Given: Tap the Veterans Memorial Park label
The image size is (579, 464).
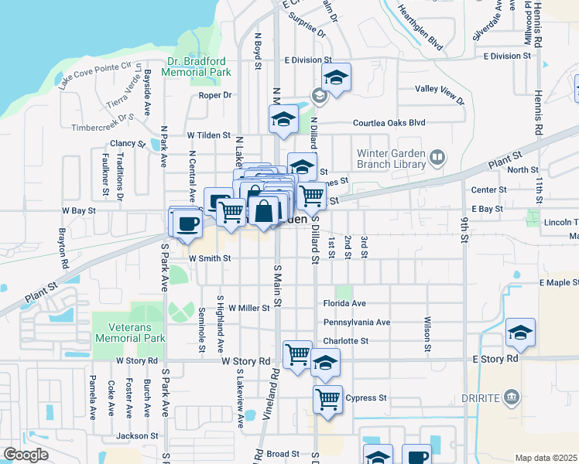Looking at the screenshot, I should tap(130, 333).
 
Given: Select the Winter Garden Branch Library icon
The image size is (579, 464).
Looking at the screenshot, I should tap(437, 159).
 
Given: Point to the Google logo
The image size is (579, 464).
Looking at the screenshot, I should tap(26, 455).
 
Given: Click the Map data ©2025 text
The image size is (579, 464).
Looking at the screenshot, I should tap(546, 458).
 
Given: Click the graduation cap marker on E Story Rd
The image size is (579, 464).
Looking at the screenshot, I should tap(521, 333).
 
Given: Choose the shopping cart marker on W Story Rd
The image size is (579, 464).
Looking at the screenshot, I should tap(298, 355).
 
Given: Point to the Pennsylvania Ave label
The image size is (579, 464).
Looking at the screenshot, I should tap(357, 322).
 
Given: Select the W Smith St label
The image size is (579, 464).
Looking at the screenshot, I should tap(210, 258).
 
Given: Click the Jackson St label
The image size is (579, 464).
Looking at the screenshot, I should tap(138, 435).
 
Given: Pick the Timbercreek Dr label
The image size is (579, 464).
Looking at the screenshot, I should tap(103, 126).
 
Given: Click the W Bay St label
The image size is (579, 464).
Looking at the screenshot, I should tap(78, 210).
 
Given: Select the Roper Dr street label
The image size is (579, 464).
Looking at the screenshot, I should tap(215, 95).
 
